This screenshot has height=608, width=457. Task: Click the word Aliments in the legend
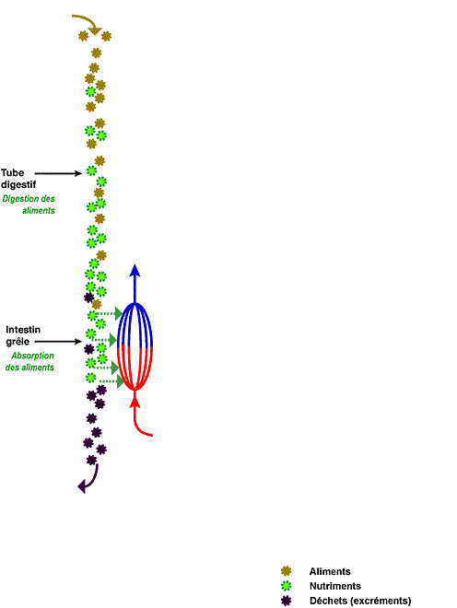[x=330, y=571]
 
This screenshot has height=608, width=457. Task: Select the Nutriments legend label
[x=335, y=586]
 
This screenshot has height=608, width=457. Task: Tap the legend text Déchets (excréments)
[x=360, y=601]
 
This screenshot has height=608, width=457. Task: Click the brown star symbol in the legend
[x=286, y=571]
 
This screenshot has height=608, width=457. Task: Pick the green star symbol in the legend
[x=286, y=586]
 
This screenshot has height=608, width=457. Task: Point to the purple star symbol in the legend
[x=286, y=601]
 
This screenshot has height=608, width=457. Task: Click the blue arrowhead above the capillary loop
[x=135, y=270]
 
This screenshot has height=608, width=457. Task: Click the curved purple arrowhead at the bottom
[x=82, y=486]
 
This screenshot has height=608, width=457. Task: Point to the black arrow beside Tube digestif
[x=58, y=173]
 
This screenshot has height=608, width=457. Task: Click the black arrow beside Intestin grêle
[x=58, y=342]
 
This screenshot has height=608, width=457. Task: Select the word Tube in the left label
[x=12, y=172]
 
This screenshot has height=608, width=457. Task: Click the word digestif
[x=18, y=185]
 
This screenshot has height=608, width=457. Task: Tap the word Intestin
[x=23, y=330]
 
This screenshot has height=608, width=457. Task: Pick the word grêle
[x=18, y=342]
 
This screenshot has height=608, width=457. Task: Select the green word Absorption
[x=32, y=356]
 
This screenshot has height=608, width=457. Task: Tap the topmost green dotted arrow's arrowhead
[x=118, y=313]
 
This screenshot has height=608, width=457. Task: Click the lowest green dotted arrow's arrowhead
[x=120, y=382]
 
